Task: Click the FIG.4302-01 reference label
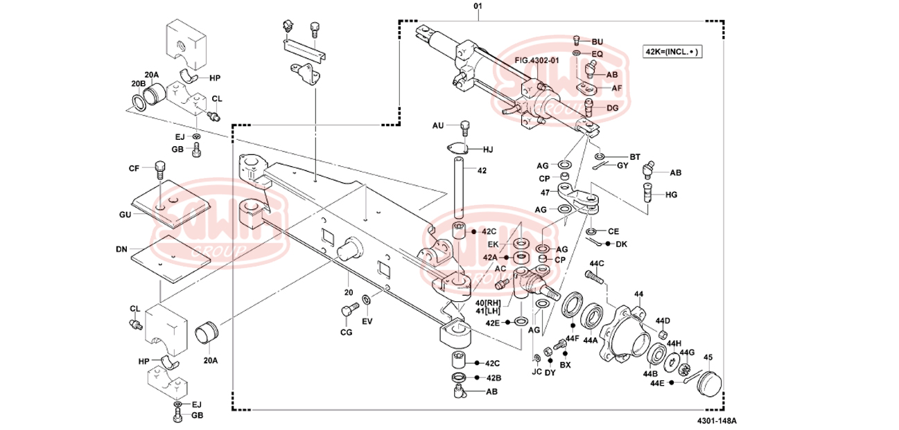(536, 61)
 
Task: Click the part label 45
(708, 358)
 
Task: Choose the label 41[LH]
(489, 311)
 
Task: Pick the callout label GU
(125, 215)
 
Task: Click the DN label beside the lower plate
(121, 247)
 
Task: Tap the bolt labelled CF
(161, 168)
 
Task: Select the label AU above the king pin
(437, 125)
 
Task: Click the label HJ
(487, 149)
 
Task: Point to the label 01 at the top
(478, 6)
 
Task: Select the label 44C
(597, 263)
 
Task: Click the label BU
(597, 42)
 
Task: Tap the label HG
(671, 195)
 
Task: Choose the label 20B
(138, 84)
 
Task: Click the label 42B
(492, 377)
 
